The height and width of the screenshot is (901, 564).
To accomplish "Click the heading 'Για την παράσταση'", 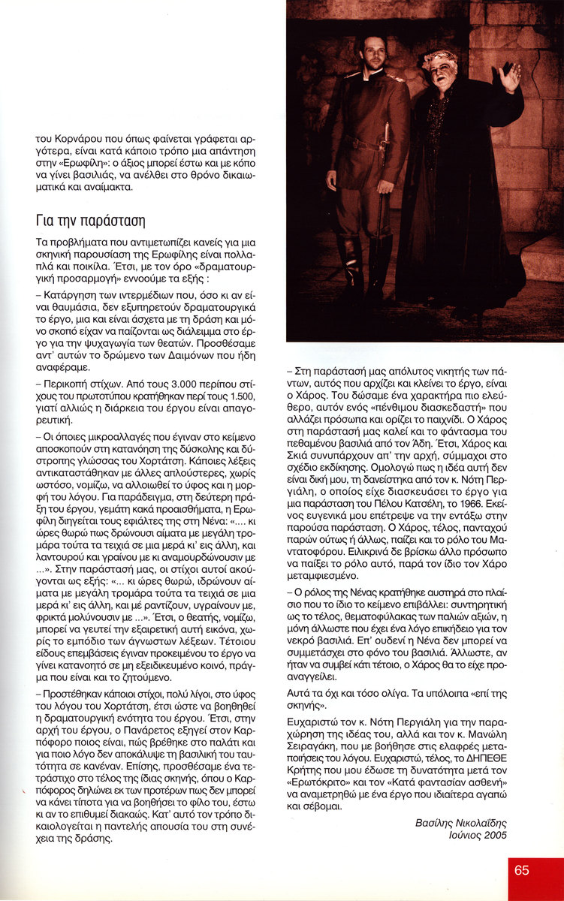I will pos(89,221).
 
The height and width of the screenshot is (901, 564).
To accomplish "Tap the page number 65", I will pos(522,870).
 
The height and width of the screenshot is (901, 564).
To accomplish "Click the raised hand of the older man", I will pos(511,77).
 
